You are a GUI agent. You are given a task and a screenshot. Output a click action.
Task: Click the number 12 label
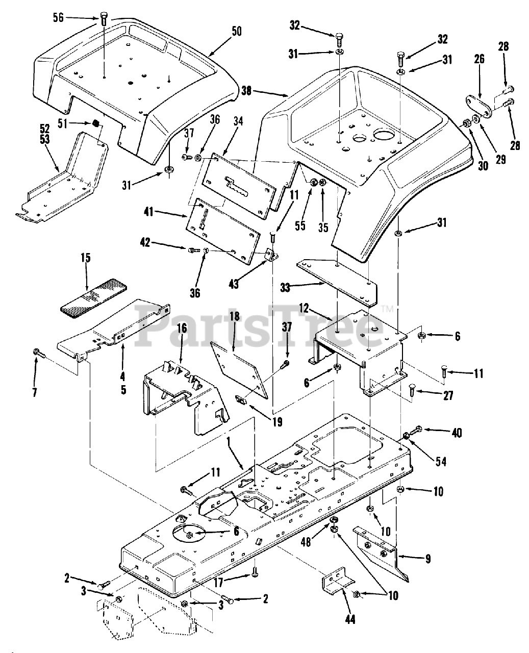(x=304, y=308)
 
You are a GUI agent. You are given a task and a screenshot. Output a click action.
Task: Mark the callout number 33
(x=285, y=288)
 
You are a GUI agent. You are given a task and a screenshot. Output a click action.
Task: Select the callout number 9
(x=428, y=559)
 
